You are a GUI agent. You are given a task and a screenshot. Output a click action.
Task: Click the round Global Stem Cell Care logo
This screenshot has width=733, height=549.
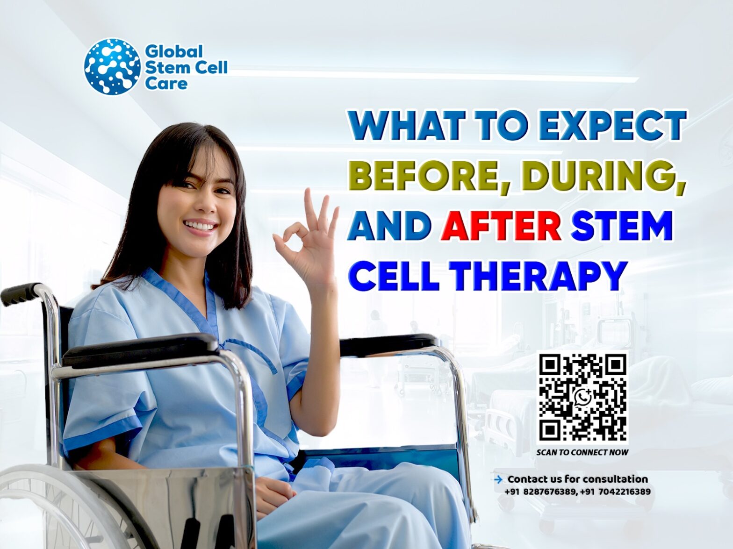112,65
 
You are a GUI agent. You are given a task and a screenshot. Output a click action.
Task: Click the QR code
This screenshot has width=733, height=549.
582,397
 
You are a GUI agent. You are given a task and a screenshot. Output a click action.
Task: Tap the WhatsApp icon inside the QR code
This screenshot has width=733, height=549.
583,397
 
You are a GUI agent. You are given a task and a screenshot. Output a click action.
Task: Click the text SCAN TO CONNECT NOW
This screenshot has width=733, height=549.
582,452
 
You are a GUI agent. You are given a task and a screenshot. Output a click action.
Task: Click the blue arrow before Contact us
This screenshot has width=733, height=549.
498,479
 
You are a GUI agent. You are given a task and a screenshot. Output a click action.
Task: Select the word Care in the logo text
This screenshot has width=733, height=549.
166,84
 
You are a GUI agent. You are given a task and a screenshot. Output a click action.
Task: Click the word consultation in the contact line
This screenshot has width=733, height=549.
615,479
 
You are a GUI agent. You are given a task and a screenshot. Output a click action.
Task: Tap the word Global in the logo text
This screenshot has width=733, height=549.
173,51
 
